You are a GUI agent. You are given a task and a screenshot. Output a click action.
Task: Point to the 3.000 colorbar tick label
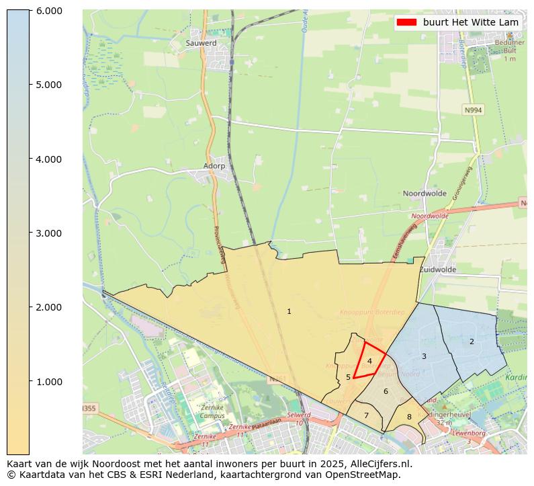pyautogui.click(x=48, y=233)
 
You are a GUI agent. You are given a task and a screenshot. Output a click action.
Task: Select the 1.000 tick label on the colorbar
pyautogui.click(x=48, y=382)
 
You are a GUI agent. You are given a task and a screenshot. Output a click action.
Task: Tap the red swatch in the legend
pyautogui.click(x=406, y=22)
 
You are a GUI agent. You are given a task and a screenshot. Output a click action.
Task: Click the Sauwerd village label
pyautogui.click(x=201, y=43)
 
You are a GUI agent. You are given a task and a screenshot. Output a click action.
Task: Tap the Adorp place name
pyautogui.click(x=214, y=165)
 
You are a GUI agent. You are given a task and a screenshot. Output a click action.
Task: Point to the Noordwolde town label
pyautogui.click(x=425, y=194)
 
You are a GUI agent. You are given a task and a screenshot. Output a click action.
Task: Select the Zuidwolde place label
pyautogui.click(x=437, y=270)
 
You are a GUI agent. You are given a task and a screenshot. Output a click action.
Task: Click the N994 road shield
pyautogui.click(x=473, y=110)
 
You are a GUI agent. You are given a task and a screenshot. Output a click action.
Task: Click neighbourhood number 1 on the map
pyautogui.click(x=289, y=311)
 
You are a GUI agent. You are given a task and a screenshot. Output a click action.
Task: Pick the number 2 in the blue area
pyautogui.click(x=472, y=341)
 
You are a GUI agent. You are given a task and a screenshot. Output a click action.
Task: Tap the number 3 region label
pyautogui.click(x=424, y=356)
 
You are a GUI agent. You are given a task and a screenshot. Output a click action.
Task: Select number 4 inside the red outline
pyautogui.click(x=369, y=361)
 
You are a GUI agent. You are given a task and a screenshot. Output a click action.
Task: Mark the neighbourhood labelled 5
pyautogui.click(x=348, y=377)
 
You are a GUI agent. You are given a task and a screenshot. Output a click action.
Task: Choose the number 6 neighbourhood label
pyautogui.click(x=386, y=391)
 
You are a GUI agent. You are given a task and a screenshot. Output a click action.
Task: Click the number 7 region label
pyautogui.click(x=366, y=415)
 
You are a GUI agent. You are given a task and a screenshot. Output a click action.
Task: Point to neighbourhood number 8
pyautogui.click(x=409, y=417)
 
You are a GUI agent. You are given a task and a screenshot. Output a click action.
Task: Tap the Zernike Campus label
pyautogui.click(x=212, y=412)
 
